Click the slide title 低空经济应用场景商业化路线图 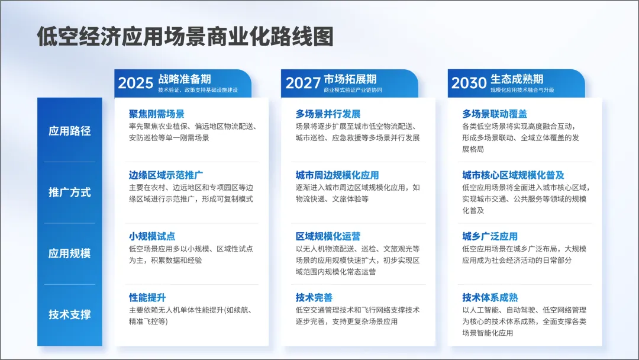click(185, 37)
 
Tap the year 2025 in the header click(135, 83)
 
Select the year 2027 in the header click(303, 83)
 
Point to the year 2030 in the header click(469, 83)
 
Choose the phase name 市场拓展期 click(350, 79)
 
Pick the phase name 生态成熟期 click(517, 79)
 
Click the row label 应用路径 click(70, 131)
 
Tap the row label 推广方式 click(70, 192)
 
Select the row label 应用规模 click(70, 253)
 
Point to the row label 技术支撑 click(70, 314)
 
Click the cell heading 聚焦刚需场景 click(157, 114)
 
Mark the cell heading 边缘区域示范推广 click(166, 175)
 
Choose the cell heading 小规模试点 click(152, 236)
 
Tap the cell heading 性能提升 click(147, 297)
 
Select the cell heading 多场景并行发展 click(328, 114)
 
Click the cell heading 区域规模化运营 click(328, 236)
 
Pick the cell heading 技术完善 click(314, 297)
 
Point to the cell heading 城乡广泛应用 click(490, 236)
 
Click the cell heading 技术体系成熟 click(490, 297)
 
